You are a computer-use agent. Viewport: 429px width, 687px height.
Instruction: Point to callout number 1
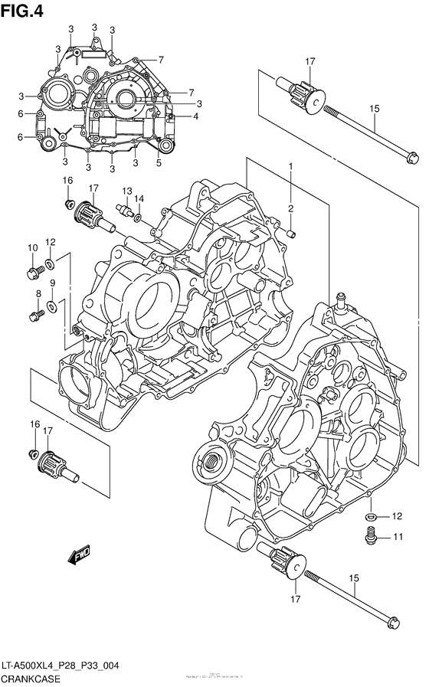click(290, 167)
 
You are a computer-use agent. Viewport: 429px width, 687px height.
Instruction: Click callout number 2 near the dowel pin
click(290, 208)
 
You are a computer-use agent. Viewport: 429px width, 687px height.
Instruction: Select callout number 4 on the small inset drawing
click(195, 116)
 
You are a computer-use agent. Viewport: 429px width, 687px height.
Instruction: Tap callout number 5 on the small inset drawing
click(159, 162)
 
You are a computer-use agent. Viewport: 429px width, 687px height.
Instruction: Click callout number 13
click(126, 191)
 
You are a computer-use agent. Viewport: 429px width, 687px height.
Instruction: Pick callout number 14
click(139, 198)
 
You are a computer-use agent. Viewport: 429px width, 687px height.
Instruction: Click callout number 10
click(33, 247)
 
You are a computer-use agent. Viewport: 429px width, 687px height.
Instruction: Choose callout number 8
click(37, 293)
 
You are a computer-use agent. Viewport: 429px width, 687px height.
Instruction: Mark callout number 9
click(52, 283)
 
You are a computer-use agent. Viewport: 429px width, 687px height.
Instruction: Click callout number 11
click(398, 537)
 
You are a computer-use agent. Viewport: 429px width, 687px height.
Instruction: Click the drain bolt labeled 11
click(372, 536)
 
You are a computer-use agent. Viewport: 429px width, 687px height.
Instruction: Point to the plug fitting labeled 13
click(123, 208)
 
